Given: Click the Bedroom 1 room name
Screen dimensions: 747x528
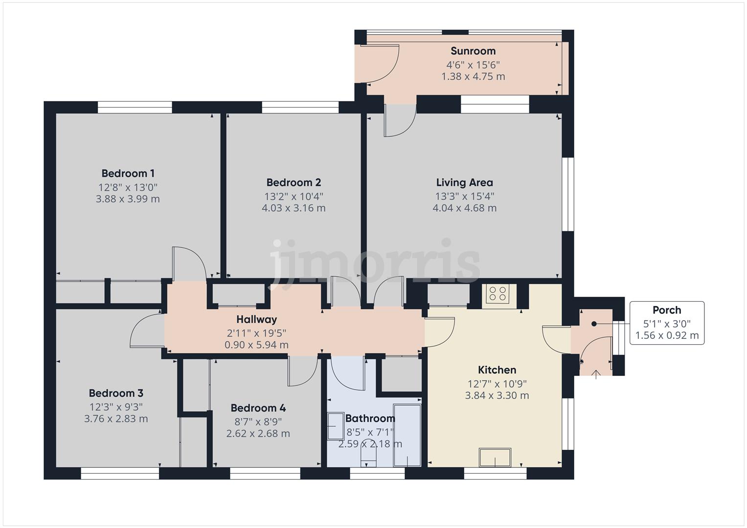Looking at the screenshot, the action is [x=128, y=174].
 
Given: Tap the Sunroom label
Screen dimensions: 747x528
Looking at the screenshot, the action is [x=473, y=51].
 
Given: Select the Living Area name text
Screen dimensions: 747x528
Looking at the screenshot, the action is [x=465, y=183].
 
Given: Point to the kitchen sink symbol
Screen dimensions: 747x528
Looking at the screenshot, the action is [x=495, y=457].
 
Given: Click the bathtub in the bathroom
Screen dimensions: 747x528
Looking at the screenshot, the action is [x=407, y=435].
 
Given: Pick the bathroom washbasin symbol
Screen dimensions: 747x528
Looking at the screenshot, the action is [x=336, y=426].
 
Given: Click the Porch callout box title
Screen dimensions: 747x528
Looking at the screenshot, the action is [x=667, y=310].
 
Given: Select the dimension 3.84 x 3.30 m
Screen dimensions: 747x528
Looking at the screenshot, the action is [x=497, y=396].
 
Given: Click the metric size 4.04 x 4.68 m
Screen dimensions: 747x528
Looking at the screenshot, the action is [x=465, y=208].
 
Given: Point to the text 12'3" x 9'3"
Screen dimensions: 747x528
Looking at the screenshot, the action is [x=116, y=407].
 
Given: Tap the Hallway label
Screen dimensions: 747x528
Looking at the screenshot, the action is [x=256, y=319].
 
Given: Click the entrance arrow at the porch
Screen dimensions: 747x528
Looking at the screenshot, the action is [x=596, y=374].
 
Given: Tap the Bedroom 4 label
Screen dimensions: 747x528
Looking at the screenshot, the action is [x=258, y=408].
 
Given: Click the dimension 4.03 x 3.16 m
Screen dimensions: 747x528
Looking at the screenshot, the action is [x=294, y=208].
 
